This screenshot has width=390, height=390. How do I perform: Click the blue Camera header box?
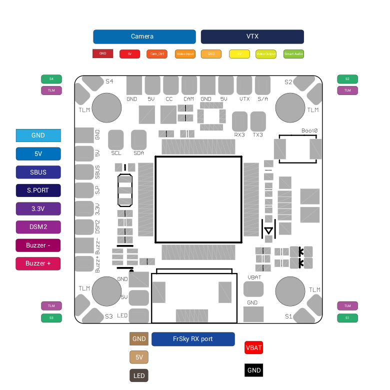click(144, 36)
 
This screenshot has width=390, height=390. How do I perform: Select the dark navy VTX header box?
click(252, 36)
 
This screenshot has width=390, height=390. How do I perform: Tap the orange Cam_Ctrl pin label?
click(157, 53)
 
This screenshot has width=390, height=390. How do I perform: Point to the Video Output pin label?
click(266, 53)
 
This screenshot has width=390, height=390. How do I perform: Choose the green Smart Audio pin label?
click(293, 53)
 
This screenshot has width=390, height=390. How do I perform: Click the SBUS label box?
click(38, 172)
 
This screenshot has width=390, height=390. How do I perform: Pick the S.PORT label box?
click(38, 190)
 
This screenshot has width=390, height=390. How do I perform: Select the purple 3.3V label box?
click(38, 208)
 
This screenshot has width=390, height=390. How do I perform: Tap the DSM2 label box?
click(38, 227)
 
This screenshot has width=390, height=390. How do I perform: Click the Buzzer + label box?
click(38, 263)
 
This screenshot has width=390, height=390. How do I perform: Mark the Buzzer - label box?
click(38, 245)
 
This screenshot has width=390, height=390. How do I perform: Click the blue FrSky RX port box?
click(193, 339)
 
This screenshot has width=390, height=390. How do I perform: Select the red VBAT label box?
click(254, 348)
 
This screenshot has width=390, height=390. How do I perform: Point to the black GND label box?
click(254, 370)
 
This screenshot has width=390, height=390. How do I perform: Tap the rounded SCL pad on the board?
click(116, 139)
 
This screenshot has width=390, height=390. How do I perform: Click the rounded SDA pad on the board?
click(138, 139)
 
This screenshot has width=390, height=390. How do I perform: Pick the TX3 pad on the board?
click(258, 121)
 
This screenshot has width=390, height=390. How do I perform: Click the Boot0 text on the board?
click(309, 130)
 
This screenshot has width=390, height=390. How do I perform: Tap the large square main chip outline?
click(198, 199)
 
